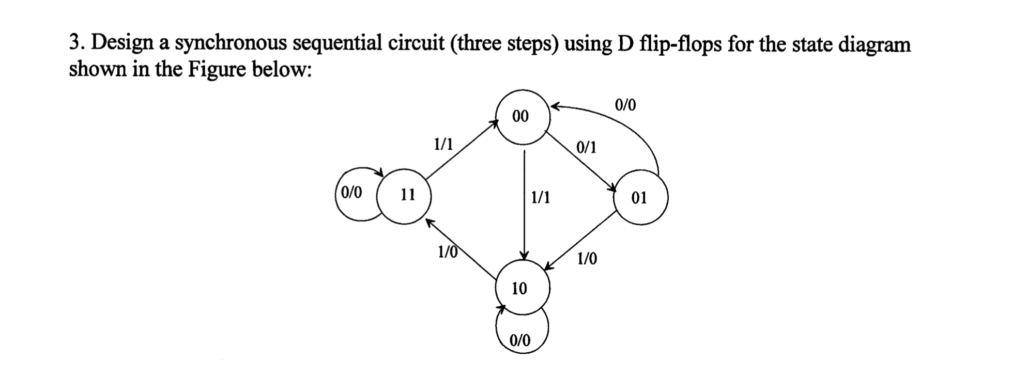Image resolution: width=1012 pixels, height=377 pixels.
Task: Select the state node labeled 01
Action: [x=640, y=198]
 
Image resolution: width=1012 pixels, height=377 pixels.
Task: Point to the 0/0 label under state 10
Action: [x=520, y=340]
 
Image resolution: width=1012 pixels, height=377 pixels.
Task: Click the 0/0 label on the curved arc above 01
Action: [x=625, y=105]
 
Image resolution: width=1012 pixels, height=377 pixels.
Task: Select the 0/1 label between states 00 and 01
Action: [x=586, y=148]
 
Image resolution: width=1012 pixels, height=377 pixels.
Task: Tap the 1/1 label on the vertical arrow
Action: [x=541, y=197]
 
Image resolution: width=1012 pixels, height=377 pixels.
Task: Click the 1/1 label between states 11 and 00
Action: [x=443, y=143]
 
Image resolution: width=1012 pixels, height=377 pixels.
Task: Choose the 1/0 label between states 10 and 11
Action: [x=448, y=252]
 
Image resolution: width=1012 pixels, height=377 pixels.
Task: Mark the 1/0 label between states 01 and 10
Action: [x=587, y=258]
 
